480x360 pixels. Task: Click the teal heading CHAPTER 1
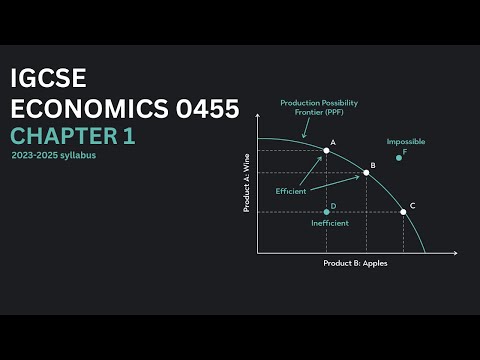point(72,136)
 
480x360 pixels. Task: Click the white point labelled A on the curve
point(326,150)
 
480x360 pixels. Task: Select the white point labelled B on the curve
point(366,173)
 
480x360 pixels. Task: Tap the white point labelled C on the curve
point(403,212)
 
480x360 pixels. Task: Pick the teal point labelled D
point(326,212)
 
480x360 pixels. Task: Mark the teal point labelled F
point(398,157)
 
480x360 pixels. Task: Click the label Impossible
point(404,141)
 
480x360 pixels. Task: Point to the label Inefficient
point(330,223)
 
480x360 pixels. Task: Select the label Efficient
point(290,190)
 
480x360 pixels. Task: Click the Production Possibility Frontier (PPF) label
point(319,107)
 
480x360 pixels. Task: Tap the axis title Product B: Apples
point(355,263)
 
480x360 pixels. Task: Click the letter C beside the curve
point(413,205)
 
